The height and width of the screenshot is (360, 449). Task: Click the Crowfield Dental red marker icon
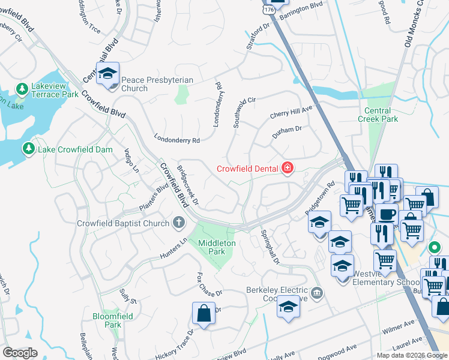click(x=288, y=167)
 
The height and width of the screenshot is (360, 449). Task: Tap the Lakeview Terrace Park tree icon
click(x=22, y=89)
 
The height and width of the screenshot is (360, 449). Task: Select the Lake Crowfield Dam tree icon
click(x=28, y=148)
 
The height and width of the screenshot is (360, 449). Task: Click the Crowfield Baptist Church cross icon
click(x=178, y=223)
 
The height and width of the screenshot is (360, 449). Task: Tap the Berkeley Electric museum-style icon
click(x=318, y=293)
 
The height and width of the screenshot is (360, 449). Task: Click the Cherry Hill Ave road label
click(x=291, y=111)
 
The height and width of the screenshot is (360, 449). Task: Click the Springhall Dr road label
click(x=270, y=247)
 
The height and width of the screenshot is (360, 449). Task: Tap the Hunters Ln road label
click(x=174, y=248)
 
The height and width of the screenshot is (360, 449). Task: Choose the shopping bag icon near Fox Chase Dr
click(x=203, y=313)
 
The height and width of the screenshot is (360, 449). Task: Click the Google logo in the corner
click(x=20, y=353)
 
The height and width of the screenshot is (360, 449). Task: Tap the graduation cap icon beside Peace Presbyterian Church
click(x=107, y=74)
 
